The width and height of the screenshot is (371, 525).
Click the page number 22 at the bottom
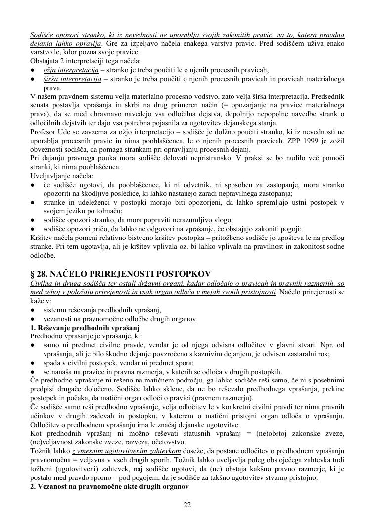point(187,505)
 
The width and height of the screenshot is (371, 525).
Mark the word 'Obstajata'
point(45,61)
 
